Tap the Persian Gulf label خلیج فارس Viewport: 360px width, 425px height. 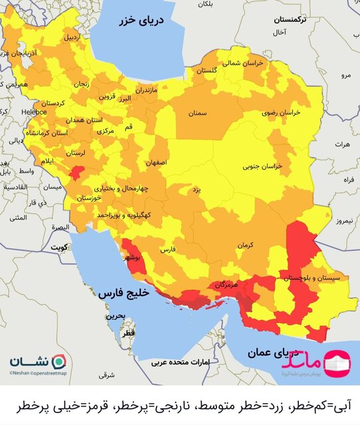[x=123, y=292]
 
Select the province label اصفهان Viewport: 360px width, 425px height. [x=157, y=162]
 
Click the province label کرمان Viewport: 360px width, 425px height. [x=248, y=246]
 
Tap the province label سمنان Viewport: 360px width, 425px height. [x=197, y=114]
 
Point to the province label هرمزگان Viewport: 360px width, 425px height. [x=226, y=284]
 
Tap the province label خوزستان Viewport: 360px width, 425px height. [x=90, y=199]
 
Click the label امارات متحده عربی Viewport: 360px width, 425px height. [x=179, y=363]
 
